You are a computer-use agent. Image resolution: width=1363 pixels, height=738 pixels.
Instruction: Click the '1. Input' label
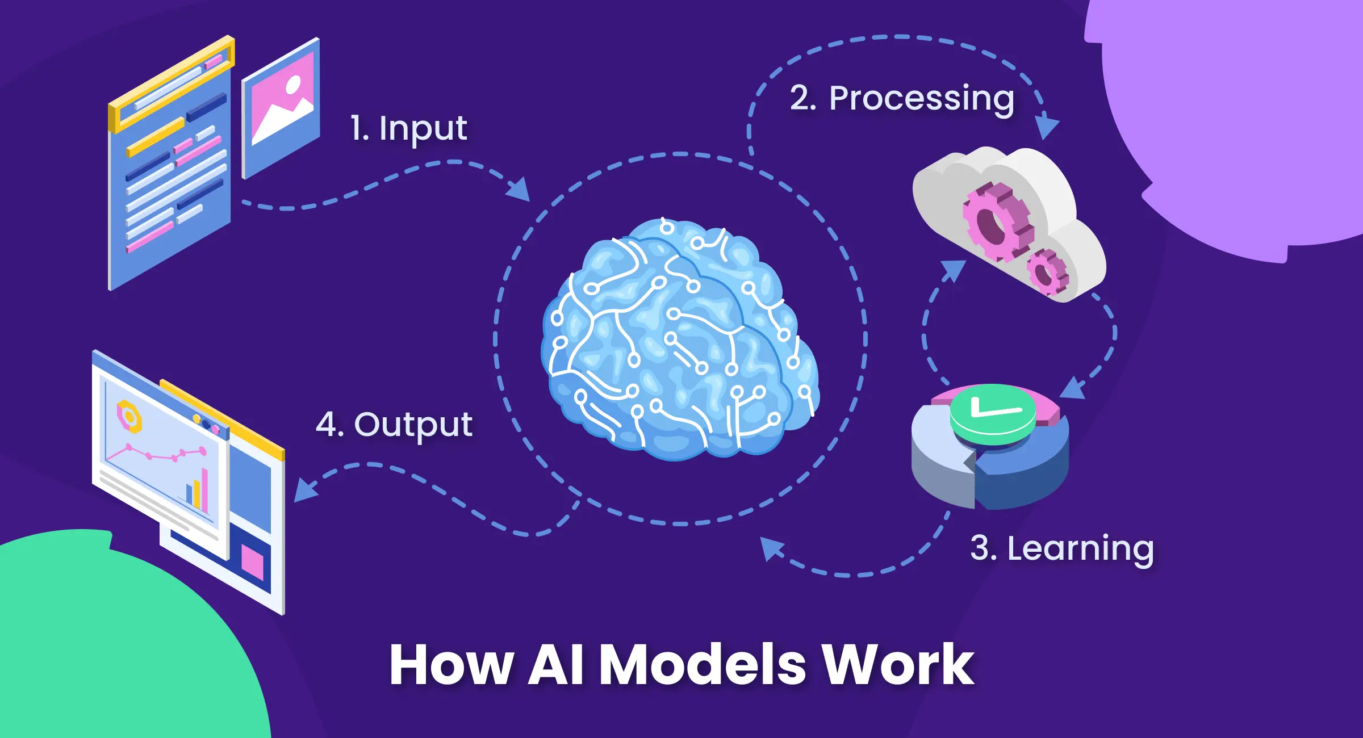click(x=408, y=129)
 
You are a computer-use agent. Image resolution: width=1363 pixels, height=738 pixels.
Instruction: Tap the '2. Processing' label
click(x=902, y=99)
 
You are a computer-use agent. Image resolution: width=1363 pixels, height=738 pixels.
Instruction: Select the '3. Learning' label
click(x=1062, y=548)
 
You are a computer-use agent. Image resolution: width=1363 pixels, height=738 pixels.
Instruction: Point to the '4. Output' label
click(x=394, y=425)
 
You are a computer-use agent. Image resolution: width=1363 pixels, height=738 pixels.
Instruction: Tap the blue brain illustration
click(x=679, y=341)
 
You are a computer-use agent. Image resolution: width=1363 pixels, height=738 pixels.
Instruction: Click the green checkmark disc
click(x=992, y=413)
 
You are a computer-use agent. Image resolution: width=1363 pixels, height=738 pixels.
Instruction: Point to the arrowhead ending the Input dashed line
click(x=520, y=190)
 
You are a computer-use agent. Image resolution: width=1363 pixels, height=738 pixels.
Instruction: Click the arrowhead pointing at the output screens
click(x=304, y=492)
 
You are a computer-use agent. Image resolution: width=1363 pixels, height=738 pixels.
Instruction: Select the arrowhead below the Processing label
click(x=1046, y=128)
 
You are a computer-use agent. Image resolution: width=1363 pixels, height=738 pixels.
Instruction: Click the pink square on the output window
click(x=252, y=562)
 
